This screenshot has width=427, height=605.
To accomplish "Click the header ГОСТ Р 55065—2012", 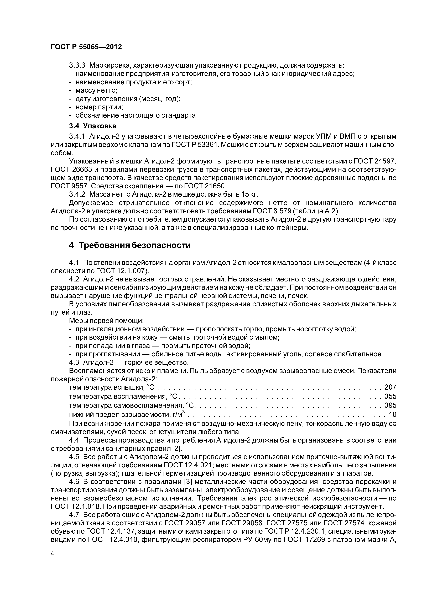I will (86, 47).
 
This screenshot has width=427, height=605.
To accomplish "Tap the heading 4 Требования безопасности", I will (129, 245).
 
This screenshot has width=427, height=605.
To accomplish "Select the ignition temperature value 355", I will (390, 396).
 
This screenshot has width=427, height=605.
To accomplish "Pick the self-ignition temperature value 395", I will (390, 405).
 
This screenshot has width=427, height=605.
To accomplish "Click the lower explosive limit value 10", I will (392, 414).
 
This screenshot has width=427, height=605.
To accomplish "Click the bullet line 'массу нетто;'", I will (96, 90).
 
